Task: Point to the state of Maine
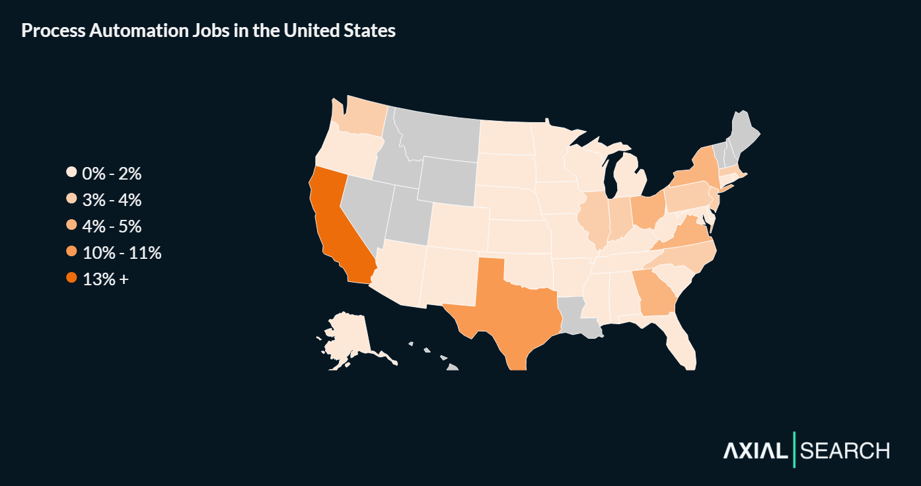[x=744, y=133]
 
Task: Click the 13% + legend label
[x=106, y=279]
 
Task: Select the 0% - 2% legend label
[x=112, y=174]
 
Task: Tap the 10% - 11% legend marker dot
[x=72, y=252]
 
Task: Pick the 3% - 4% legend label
[x=112, y=200]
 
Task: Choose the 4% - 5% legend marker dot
[x=72, y=226]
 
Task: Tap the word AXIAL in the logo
[x=755, y=451]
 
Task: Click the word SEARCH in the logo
[x=845, y=451]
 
